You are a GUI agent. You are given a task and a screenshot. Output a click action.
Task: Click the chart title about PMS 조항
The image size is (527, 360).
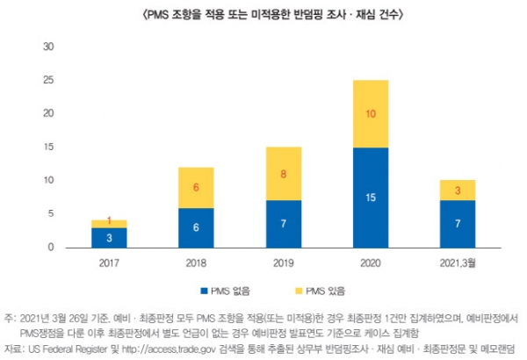pyautogui.click(x=263, y=14)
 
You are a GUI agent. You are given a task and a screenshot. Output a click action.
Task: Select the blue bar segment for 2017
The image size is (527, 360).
pyautogui.click(x=110, y=237)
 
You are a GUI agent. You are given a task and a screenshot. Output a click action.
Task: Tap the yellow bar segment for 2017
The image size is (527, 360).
pyautogui.click(x=110, y=223)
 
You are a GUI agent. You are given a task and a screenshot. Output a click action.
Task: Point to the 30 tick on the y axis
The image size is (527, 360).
pyautogui.click(x=49, y=47)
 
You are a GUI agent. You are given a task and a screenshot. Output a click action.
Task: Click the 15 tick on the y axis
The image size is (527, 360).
pyautogui.click(x=49, y=147)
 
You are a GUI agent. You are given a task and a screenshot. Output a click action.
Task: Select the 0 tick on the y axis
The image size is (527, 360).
pyautogui.click(x=52, y=248)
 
